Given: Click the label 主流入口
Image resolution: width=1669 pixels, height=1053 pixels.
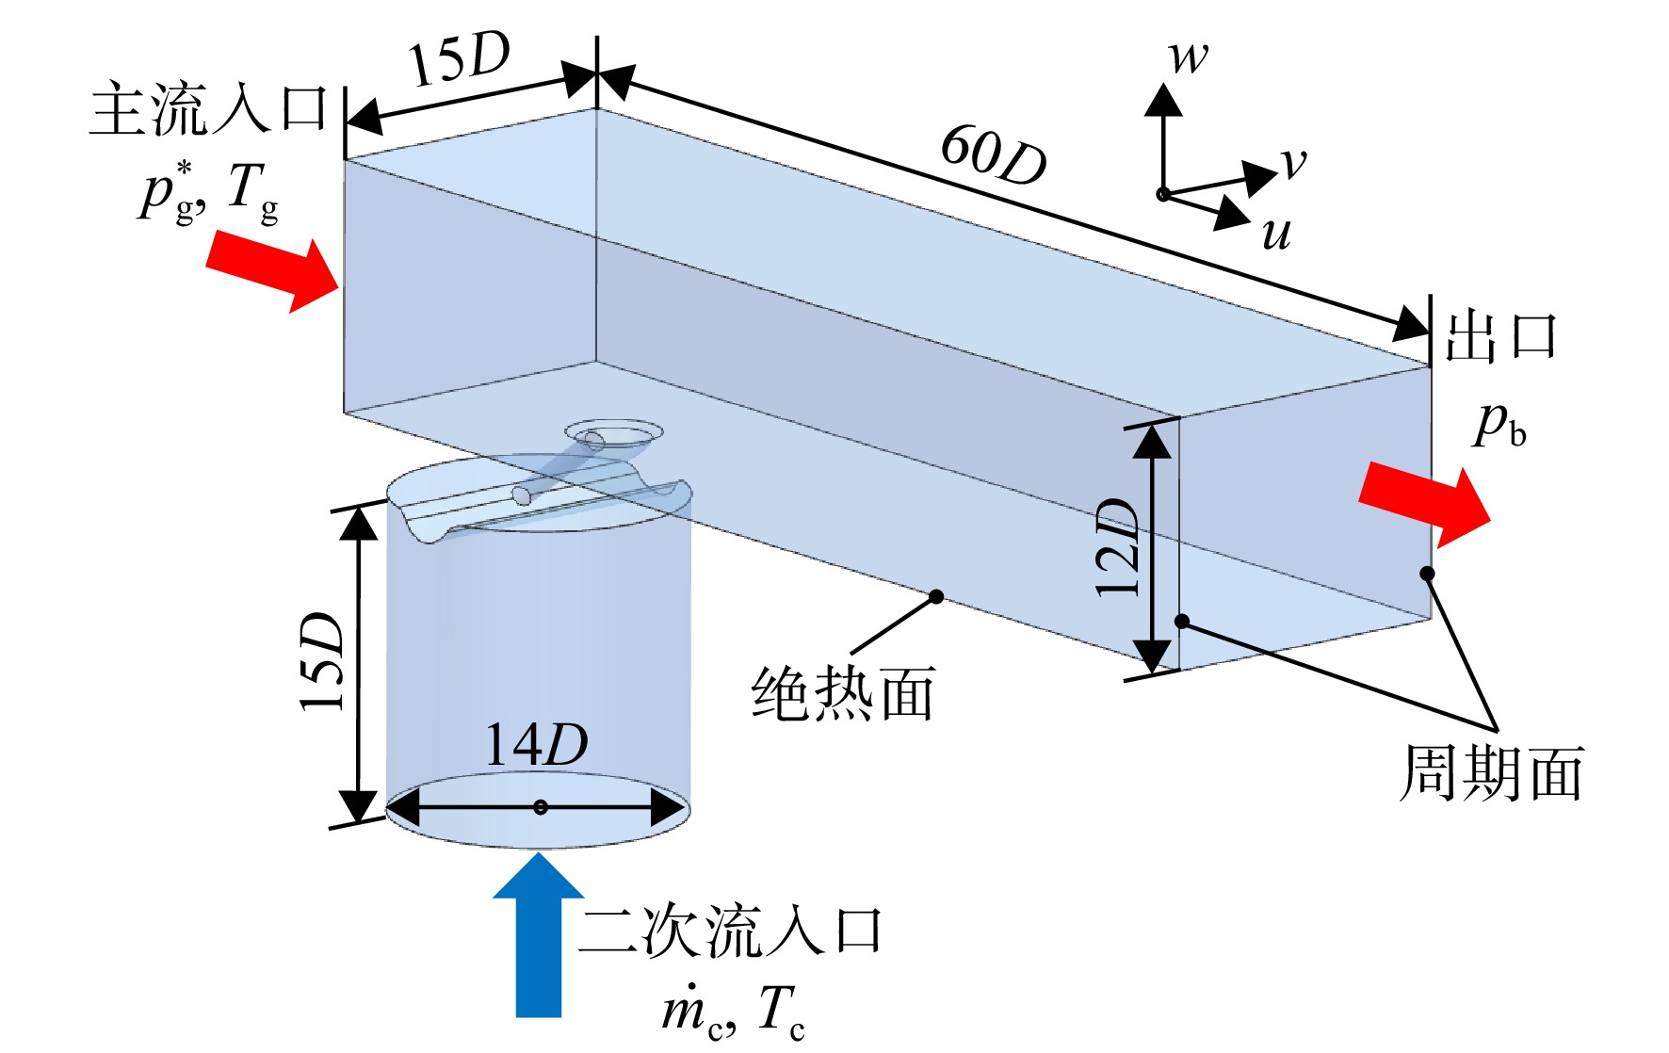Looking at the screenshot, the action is click(208, 110).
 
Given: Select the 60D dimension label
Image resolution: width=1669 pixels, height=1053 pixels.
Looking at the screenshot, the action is click(994, 154).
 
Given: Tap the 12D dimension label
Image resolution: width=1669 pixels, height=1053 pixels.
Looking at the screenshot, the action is click(1118, 545).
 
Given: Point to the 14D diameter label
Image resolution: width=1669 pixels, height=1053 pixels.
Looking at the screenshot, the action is click(536, 745).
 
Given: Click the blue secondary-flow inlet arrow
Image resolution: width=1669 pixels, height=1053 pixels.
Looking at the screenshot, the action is click(538, 934).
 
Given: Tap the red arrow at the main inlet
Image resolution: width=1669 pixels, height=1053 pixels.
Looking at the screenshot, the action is click(272, 269).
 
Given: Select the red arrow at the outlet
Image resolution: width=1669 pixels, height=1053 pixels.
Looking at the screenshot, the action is click(1424, 504).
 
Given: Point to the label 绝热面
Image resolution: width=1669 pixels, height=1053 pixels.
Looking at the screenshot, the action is click(843, 693).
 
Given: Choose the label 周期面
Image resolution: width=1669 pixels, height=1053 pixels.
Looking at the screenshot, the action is click(1491, 773).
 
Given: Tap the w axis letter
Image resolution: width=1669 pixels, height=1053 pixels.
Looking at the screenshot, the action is click(1189, 57).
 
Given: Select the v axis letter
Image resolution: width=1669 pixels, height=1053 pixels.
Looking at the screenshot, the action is click(1293, 164).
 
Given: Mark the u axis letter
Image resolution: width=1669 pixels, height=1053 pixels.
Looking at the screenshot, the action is click(1276, 235).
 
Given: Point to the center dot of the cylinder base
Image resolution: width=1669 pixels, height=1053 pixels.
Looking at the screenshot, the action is click(541, 807).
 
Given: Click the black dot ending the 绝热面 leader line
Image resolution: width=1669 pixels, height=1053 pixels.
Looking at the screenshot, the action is click(936, 596).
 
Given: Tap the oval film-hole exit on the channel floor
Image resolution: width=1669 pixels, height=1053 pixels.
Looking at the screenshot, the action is click(613, 434).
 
